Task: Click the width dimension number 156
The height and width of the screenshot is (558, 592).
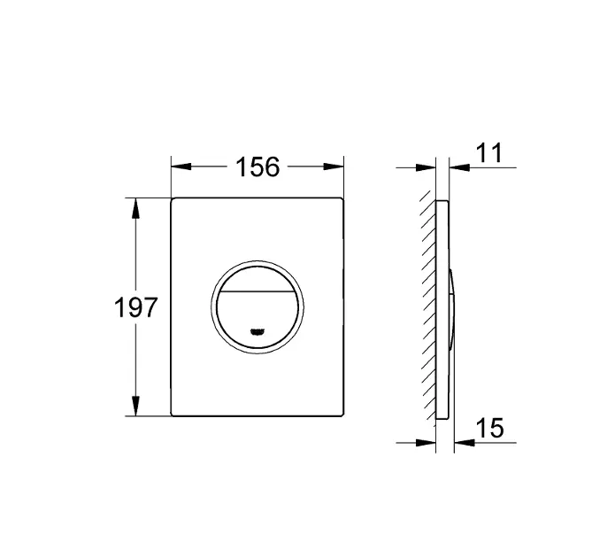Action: point(257,167)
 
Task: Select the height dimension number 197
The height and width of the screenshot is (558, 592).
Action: point(136,307)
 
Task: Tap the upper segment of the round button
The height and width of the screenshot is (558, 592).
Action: point(258,276)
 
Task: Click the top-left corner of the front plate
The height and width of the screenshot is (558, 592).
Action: point(173,199)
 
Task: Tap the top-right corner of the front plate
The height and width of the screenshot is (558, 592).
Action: point(342,199)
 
